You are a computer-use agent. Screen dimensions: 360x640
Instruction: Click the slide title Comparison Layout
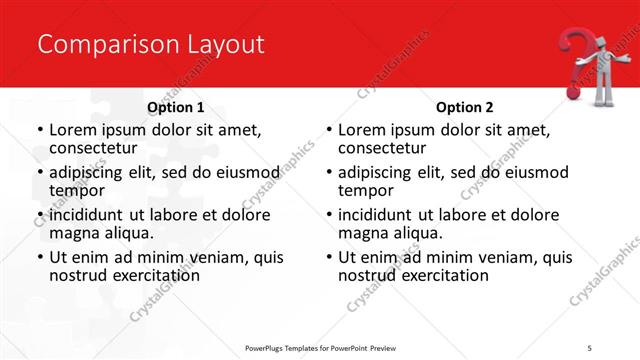(151, 44)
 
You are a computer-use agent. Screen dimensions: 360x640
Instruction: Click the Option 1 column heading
(176, 107)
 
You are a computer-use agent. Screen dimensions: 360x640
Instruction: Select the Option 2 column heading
(465, 107)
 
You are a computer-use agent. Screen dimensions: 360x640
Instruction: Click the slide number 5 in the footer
(590, 347)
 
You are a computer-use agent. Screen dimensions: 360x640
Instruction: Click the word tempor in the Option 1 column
(76, 190)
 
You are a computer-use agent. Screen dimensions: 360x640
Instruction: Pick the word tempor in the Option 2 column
(365, 190)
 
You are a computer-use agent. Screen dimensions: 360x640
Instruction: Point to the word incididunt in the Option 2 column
(375, 215)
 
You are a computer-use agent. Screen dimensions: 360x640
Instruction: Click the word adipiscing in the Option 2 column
(376, 172)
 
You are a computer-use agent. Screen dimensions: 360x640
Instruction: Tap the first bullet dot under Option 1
(39, 130)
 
